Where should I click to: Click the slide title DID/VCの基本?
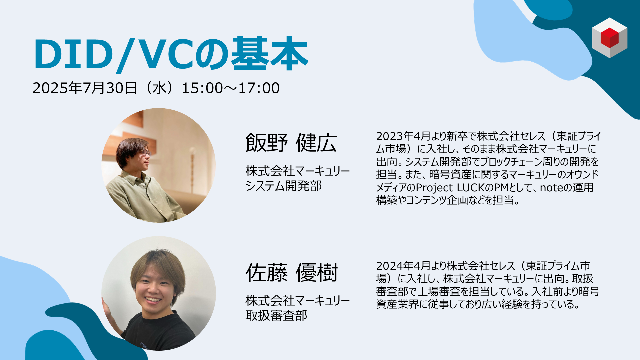tap(171, 54)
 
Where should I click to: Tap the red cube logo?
tap(609, 38)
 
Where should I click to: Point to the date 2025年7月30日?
tap(85, 88)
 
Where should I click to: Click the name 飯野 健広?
tap(291, 143)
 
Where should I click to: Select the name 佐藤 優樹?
tap(292, 272)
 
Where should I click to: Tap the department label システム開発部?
tap(284, 186)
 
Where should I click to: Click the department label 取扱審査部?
tap(276, 315)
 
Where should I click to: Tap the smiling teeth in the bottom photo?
tap(153, 299)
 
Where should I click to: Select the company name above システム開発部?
tap(298, 171)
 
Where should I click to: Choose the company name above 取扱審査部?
tap(298, 301)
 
